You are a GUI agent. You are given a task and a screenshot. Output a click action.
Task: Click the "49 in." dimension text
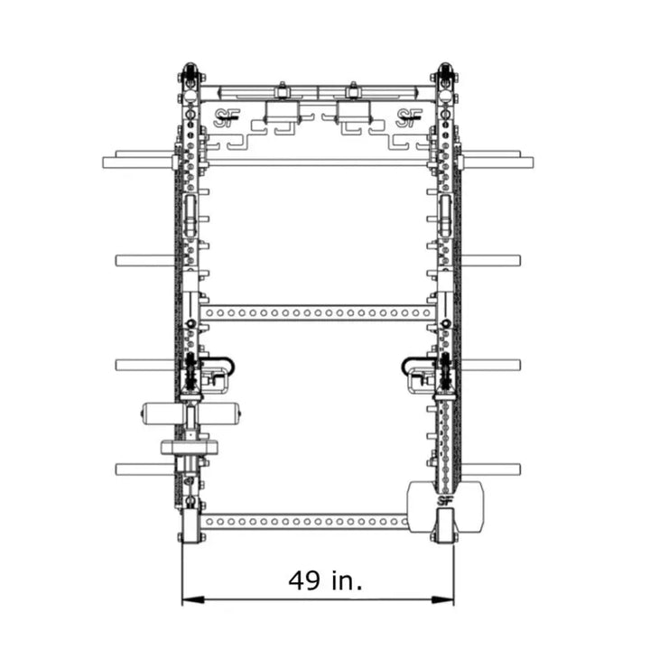click(325, 580)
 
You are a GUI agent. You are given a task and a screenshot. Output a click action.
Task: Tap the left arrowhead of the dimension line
click(193, 599)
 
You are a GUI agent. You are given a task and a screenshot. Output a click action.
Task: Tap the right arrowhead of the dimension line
click(442, 599)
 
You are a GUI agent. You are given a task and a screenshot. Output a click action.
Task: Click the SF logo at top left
click(227, 118)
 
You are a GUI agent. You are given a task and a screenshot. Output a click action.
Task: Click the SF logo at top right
click(409, 118)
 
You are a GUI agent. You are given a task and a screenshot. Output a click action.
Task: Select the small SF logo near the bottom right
click(444, 501)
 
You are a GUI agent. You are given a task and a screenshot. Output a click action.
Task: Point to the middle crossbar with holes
click(318, 312)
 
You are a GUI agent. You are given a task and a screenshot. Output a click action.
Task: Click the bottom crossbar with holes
click(305, 521)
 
